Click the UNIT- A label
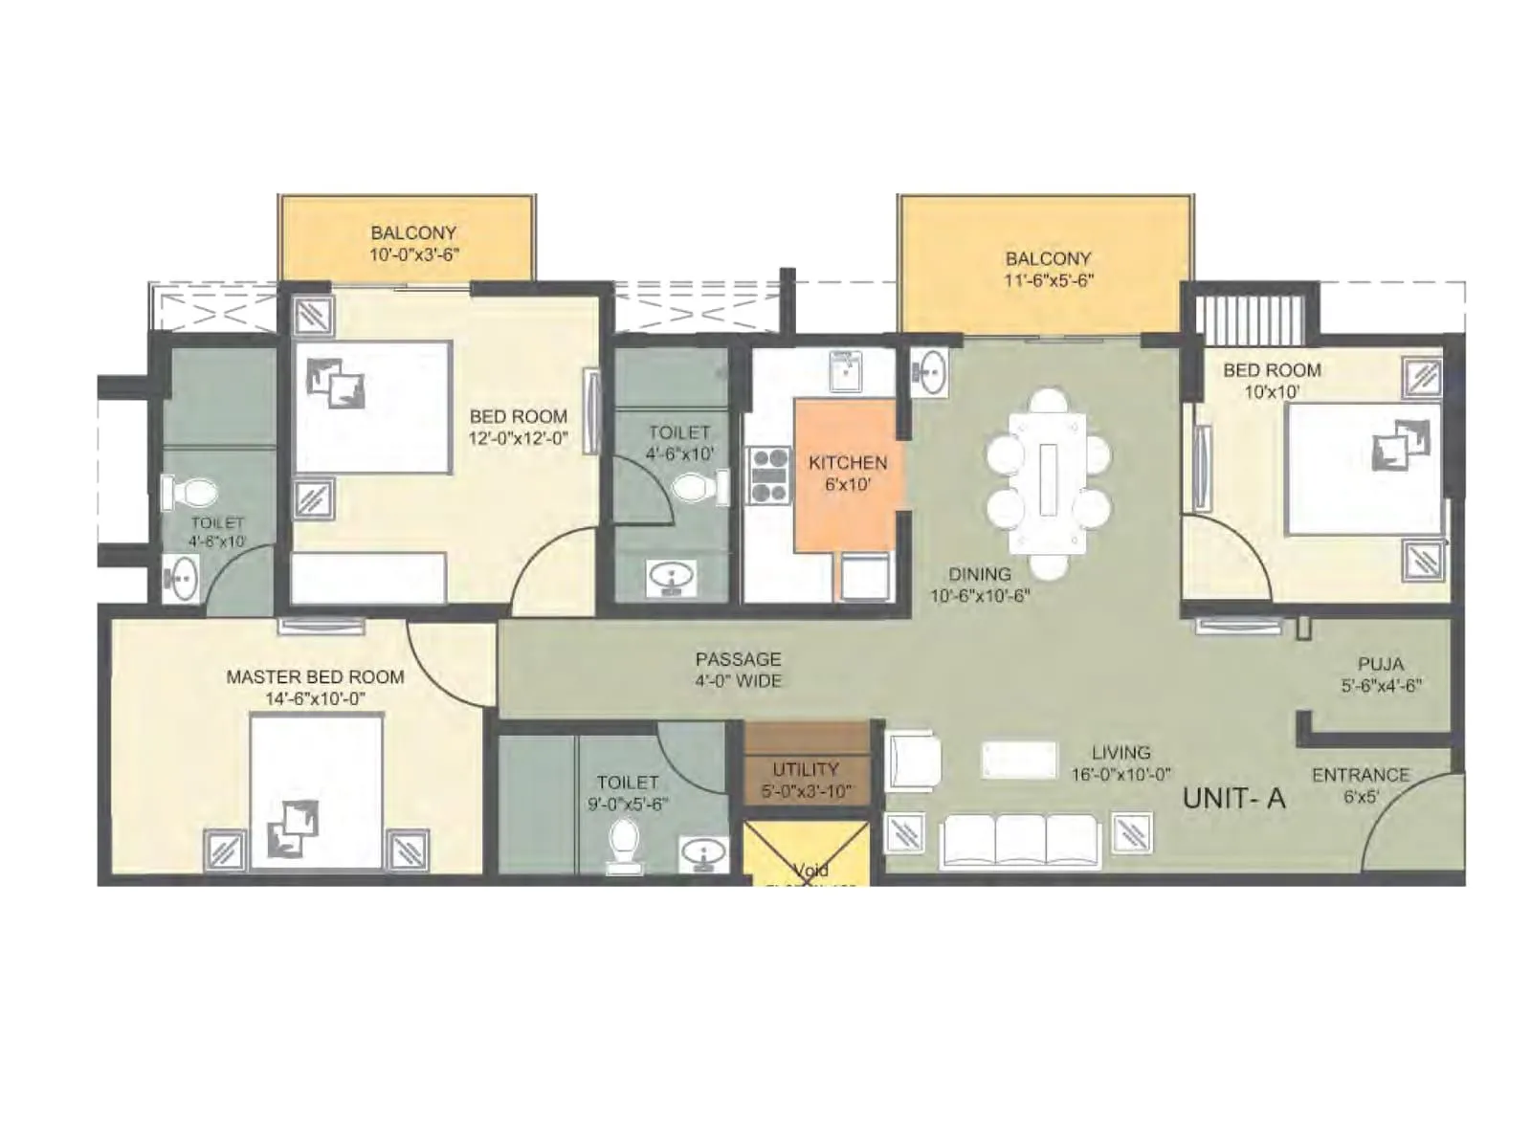tap(1232, 798)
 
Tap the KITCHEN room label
tap(847, 462)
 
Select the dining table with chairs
tap(1049, 482)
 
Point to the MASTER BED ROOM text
tap(315, 676)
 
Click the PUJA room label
tap(1380, 663)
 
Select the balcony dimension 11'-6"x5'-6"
tap(1048, 280)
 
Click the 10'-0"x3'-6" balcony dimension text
tap(413, 254)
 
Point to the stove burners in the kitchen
tap(768, 475)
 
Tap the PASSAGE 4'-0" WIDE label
tap(738, 670)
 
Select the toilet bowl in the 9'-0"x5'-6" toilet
tap(624, 846)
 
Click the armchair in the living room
tap(912, 761)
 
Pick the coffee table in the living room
tap(1019, 760)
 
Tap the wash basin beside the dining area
tap(928, 371)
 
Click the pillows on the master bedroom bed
tap(293, 826)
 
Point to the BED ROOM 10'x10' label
tap(1271, 380)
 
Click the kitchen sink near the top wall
tap(845, 371)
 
